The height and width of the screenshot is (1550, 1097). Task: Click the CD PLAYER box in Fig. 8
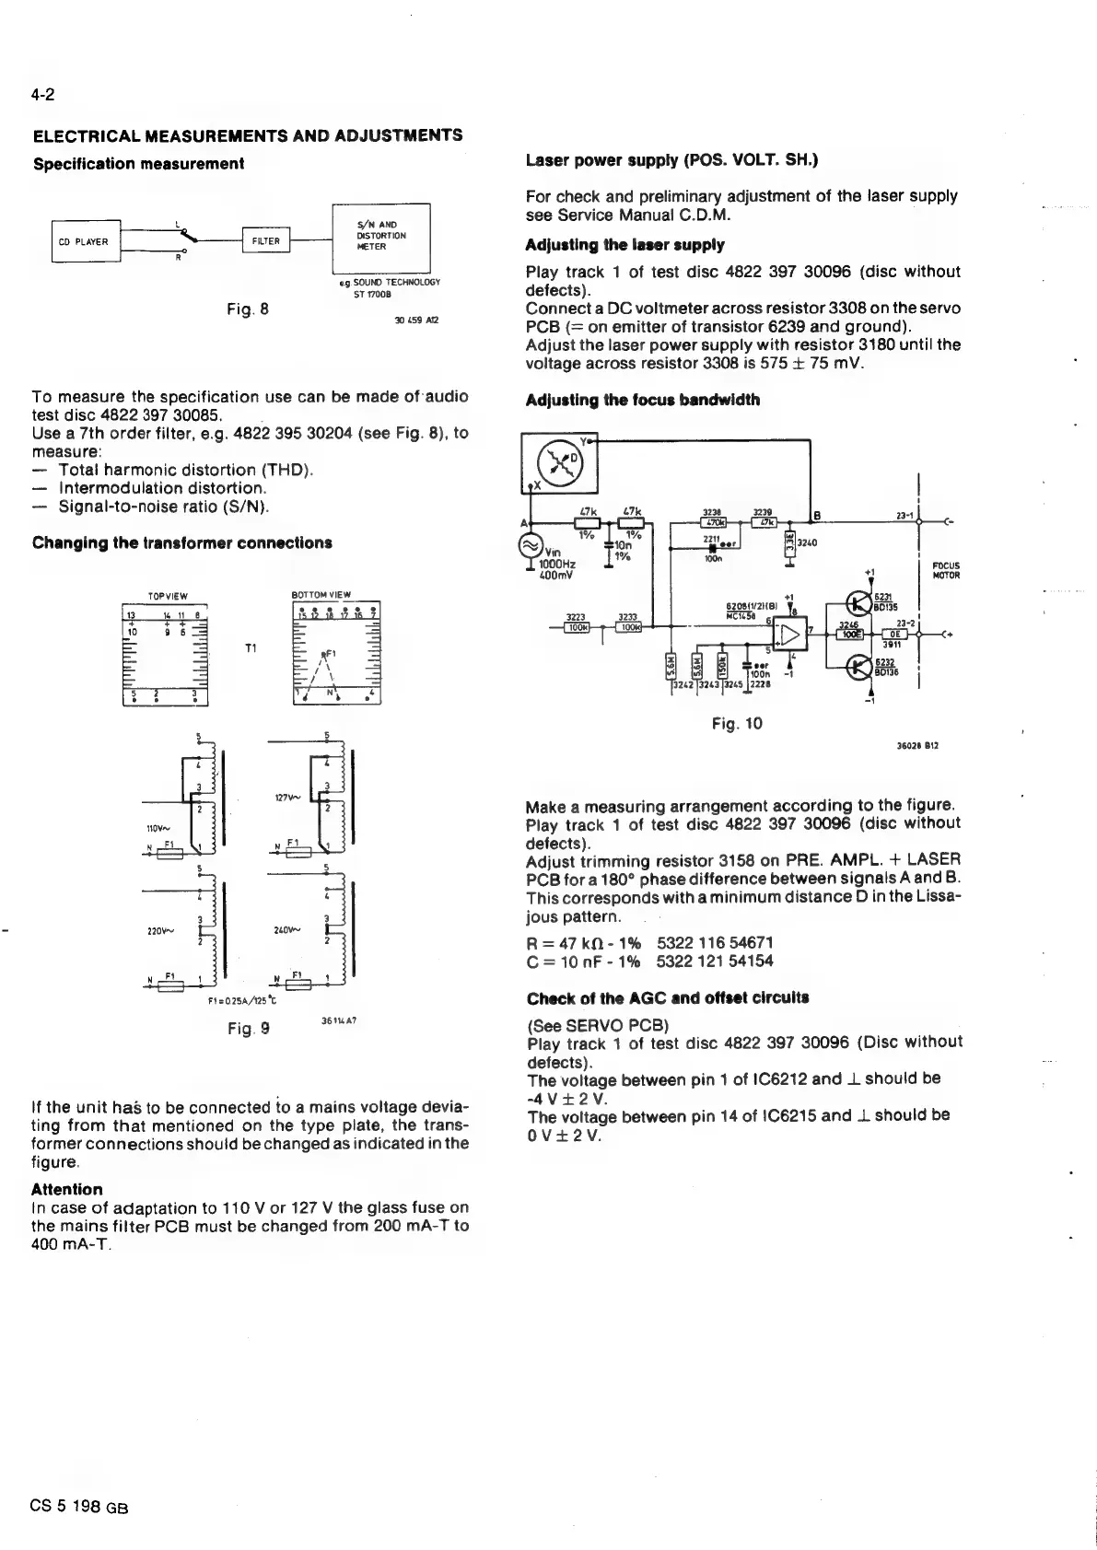(x=86, y=242)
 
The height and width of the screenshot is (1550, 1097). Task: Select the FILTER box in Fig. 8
(x=265, y=241)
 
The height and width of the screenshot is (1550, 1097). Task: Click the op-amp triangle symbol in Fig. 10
(x=789, y=633)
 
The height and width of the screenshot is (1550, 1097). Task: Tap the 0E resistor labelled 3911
(x=894, y=634)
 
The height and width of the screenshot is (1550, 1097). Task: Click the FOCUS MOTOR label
(x=946, y=571)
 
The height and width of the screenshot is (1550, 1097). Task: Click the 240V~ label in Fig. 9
(x=285, y=929)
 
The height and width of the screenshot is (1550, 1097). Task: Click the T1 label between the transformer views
(x=250, y=647)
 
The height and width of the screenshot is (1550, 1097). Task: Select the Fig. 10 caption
(x=737, y=724)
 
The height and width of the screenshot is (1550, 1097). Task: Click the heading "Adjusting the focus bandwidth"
(x=642, y=400)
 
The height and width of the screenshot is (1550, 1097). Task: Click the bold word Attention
(x=67, y=1189)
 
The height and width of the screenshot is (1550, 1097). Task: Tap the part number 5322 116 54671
(x=715, y=942)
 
